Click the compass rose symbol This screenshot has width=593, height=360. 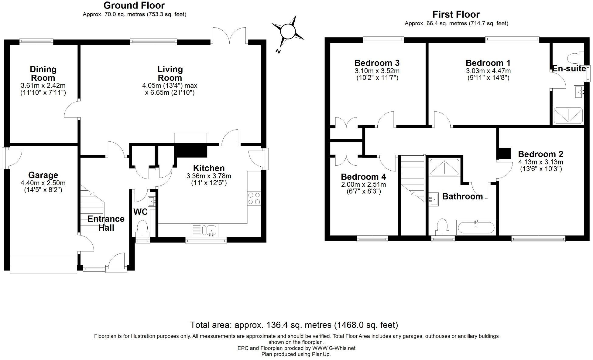click(x=287, y=32)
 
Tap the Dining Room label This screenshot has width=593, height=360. click(x=43, y=73)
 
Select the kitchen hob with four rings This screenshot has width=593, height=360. click(x=254, y=199)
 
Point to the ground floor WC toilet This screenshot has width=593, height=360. click(x=142, y=228)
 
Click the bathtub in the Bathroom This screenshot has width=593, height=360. click(x=476, y=227)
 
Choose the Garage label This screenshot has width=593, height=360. click(x=43, y=175)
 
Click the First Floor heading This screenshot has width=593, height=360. click(x=456, y=15)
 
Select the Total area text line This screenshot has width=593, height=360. click(x=294, y=325)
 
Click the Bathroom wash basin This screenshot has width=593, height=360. click(x=434, y=199)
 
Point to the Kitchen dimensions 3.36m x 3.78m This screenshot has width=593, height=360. click(x=209, y=179)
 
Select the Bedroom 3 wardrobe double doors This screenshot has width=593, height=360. click(x=346, y=124)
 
